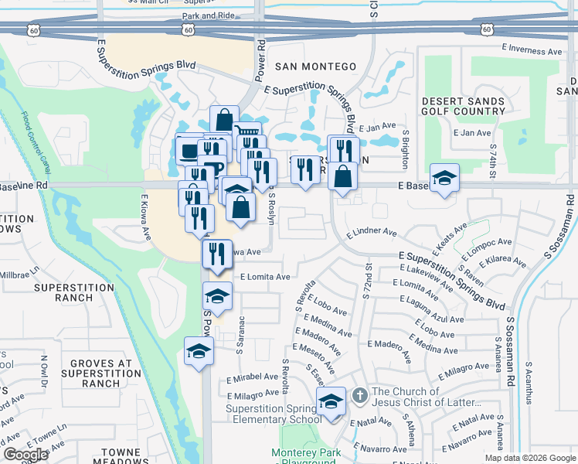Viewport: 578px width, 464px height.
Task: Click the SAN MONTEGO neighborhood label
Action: tap(316, 67)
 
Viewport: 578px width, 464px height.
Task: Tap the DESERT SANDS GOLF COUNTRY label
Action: tap(464, 106)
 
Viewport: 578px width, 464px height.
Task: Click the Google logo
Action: tap(25, 455)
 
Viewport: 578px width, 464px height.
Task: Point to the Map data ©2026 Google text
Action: tap(529, 458)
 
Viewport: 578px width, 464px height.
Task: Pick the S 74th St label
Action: tap(491, 155)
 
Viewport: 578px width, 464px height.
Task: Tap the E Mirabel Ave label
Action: tap(252, 379)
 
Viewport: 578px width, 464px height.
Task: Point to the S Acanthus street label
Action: tap(529, 383)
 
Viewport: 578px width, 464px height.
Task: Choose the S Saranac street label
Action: tap(241, 334)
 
